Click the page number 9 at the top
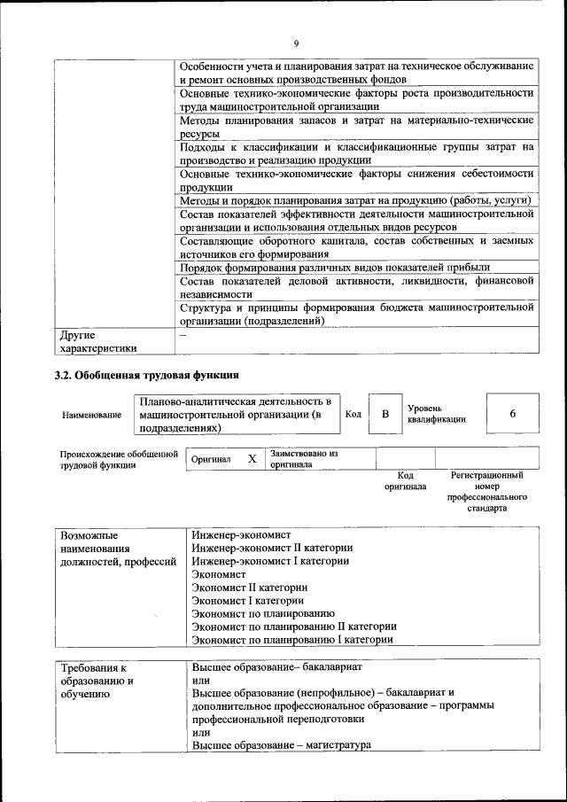click(296, 43)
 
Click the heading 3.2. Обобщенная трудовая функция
click(147, 375)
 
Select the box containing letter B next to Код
click(384, 414)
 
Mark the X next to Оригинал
click(252, 459)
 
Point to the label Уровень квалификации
click(436, 414)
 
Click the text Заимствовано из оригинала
click(304, 458)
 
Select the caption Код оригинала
click(405, 481)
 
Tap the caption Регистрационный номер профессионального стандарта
click(486, 492)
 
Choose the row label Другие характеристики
click(97, 342)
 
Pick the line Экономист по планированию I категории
click(292, 639)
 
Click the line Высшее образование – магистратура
click(281, 745)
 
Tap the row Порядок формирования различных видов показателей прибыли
click(335, 267)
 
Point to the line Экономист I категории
click(248, 600)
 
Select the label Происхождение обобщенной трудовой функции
click(113, 459)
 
